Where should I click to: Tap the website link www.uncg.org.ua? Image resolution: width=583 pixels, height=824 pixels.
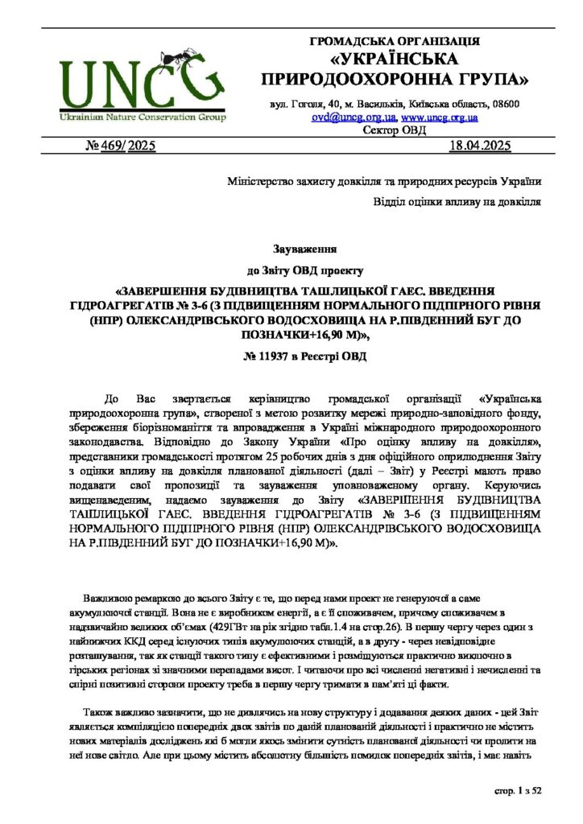click(439, 117)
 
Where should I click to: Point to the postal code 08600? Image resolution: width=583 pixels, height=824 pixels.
click(505, 105)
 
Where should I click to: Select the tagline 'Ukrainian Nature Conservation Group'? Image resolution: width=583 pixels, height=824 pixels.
click(142, 117)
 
